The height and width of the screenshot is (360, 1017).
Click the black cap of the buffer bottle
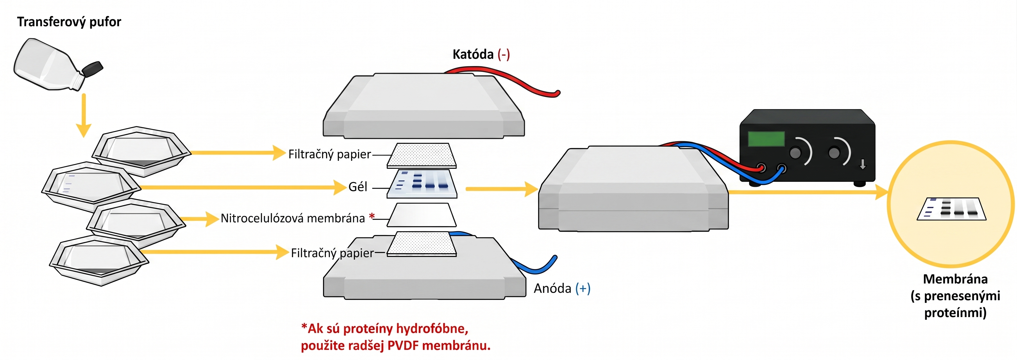click(93, 69)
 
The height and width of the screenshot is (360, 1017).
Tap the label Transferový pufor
click(69, 22)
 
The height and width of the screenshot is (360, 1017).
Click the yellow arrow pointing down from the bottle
click(84, 115)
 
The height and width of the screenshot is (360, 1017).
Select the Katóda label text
click(473, 54)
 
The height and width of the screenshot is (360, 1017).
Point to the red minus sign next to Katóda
click(504, 54)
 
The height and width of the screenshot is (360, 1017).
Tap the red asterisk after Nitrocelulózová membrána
click(371, 216)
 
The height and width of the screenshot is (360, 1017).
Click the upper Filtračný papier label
click(330, 154)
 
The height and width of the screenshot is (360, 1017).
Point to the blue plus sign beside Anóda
click(583, 289)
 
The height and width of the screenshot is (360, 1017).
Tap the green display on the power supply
click(766, 139)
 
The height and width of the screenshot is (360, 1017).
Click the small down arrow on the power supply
click(863, 164)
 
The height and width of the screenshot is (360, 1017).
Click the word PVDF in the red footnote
click(403, 346)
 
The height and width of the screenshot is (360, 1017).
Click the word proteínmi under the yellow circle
click(955, 313)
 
